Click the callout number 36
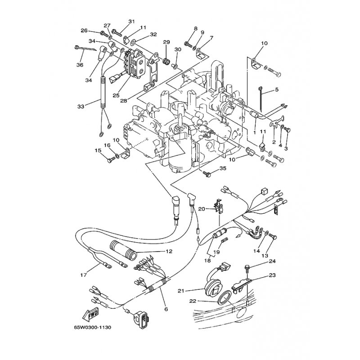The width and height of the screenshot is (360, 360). tap(80, 65)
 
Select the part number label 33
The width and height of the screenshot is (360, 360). tap(81, 107)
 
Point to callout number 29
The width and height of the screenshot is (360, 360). tap(166, 42)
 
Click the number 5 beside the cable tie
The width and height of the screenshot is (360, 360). tap(276, 90)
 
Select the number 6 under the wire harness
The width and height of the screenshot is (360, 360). tap(166, 309)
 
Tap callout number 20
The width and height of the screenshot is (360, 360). tap(201, 196)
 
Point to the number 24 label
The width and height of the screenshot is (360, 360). tap(272, 261)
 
